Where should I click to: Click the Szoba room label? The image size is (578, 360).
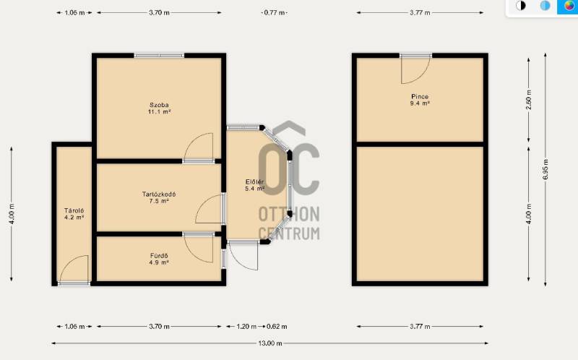point(159,105)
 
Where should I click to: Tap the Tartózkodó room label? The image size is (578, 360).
point(159,194)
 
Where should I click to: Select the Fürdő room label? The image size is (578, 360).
point(159,256)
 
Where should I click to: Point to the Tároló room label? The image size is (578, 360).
point(74,210)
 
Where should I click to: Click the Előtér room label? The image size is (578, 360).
point(255,182)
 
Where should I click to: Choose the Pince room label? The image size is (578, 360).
point(420,97)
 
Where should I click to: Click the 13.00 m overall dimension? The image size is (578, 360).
point(270,343)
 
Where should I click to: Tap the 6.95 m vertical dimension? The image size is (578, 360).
point(545,169)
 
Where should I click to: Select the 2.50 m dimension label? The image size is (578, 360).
point(529,100)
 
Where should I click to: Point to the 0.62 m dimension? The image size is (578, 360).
point(277,327)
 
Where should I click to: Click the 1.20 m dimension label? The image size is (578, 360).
point(246,327)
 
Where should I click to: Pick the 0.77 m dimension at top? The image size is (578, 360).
point(275,12)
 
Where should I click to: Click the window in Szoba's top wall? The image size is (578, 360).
point(159,56)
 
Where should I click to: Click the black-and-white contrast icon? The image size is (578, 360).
point(520,6)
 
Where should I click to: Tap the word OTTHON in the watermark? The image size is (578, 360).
point(289,214)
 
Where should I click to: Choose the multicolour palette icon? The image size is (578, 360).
point(569,6)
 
